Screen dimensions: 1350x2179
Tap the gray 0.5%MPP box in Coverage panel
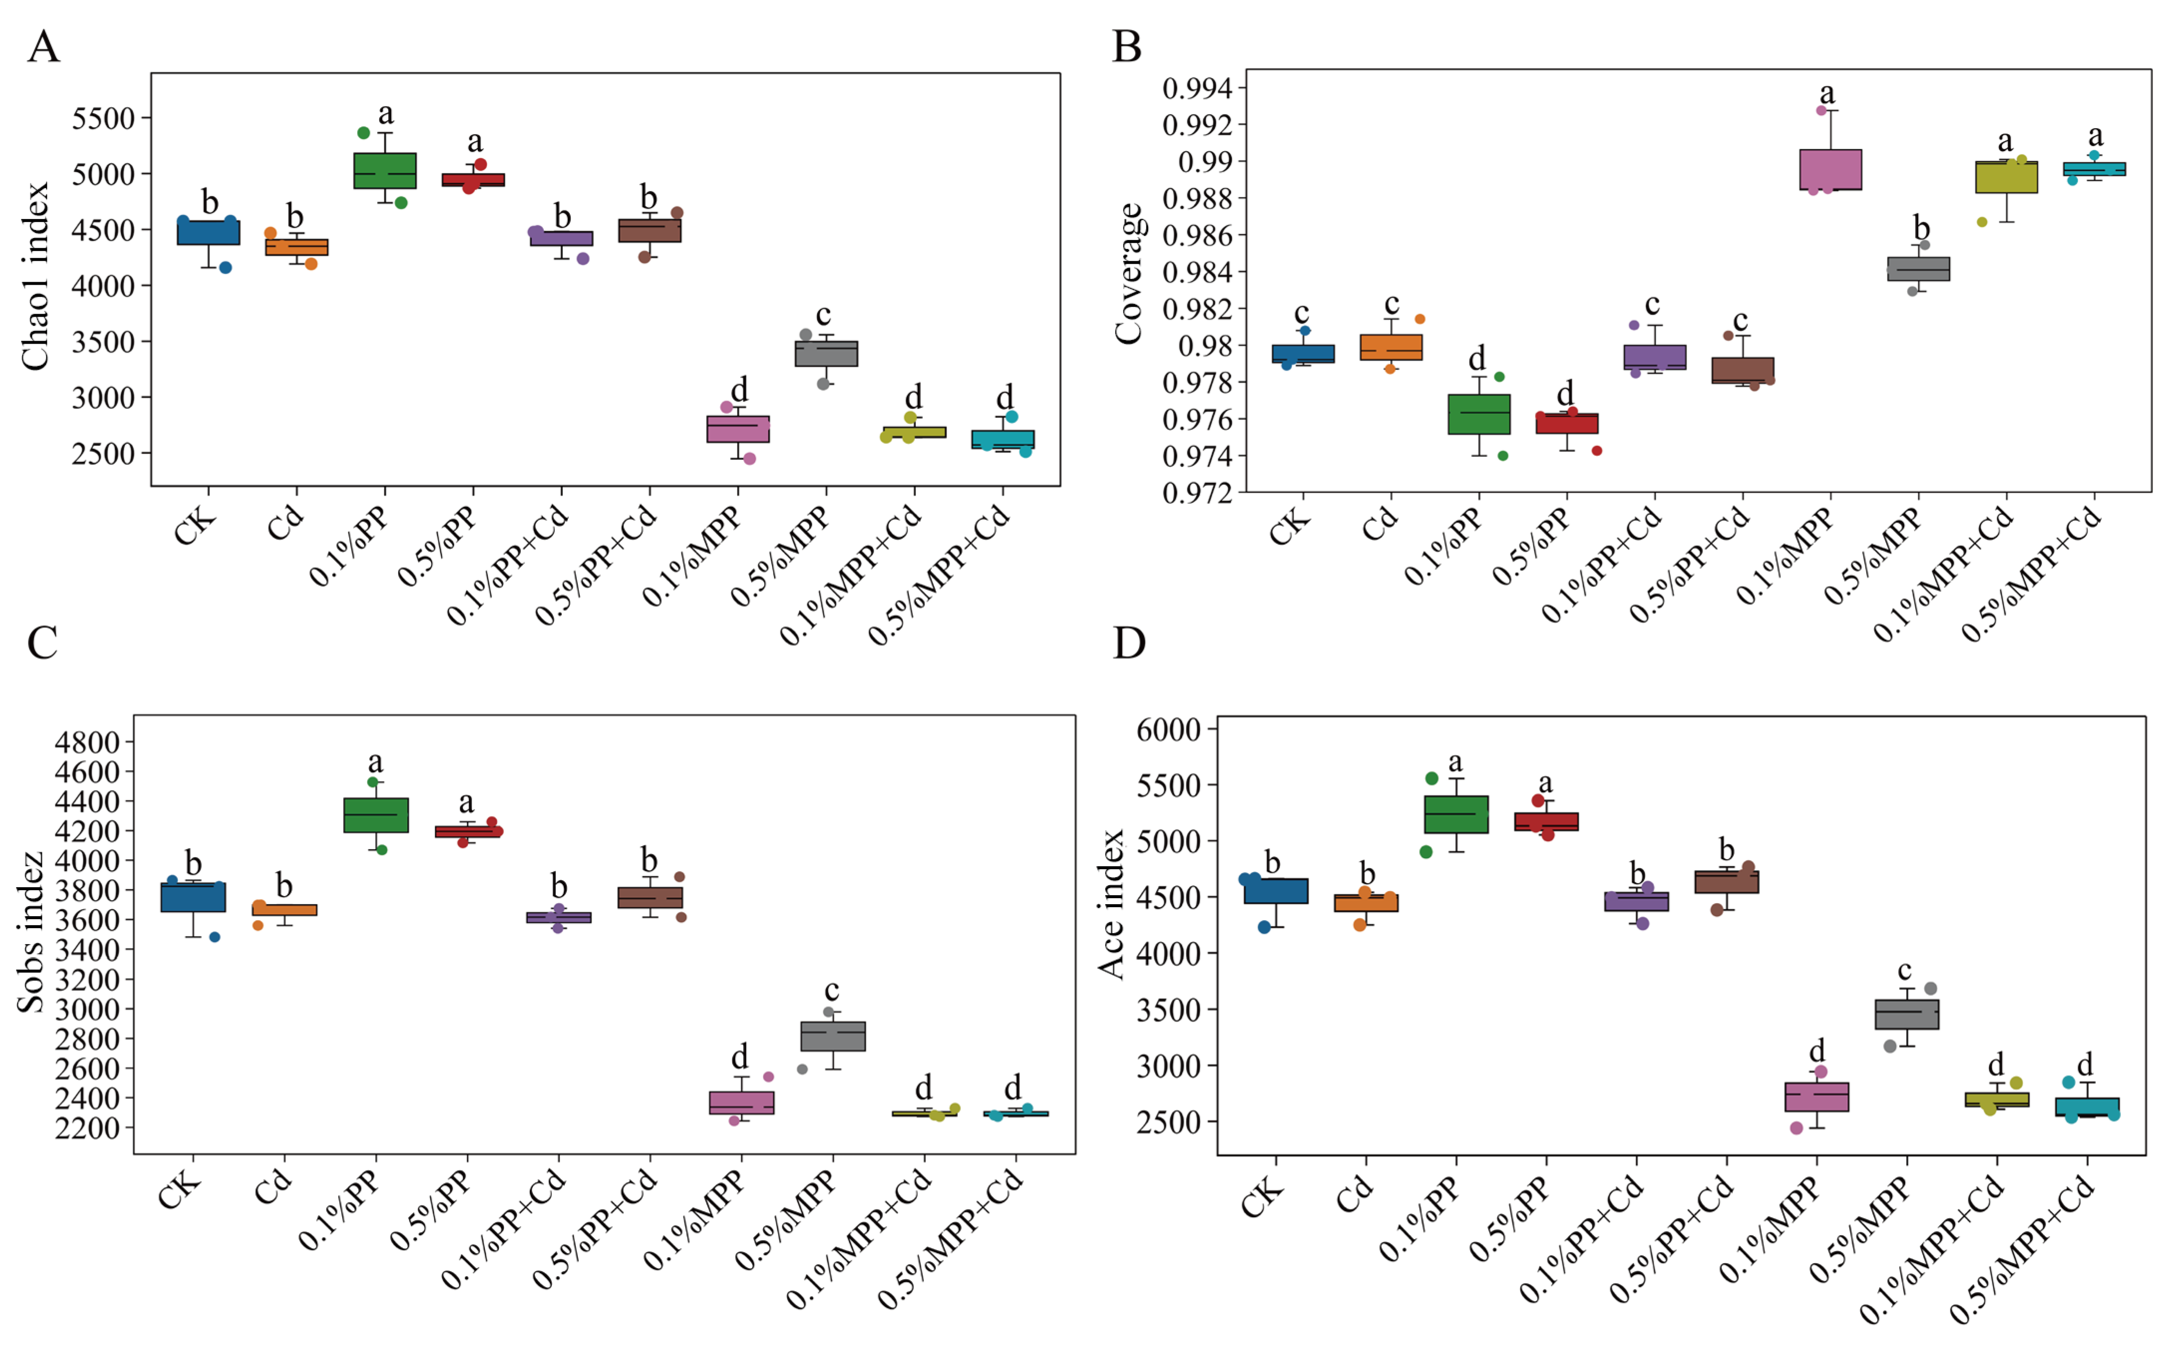click(x=1918, y=269)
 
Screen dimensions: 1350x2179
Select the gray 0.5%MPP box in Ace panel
click(x=1907, y=1014)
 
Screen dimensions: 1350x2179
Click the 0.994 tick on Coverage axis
click(x=1197, y=88)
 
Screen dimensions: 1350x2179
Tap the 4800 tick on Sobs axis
click(x=87, y=742)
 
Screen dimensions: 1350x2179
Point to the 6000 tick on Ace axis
click(x=1169, y=730)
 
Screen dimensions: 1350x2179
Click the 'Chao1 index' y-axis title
click(x=36, y=277)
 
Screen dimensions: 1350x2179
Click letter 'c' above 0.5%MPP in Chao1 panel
click(x=824, y=315)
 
